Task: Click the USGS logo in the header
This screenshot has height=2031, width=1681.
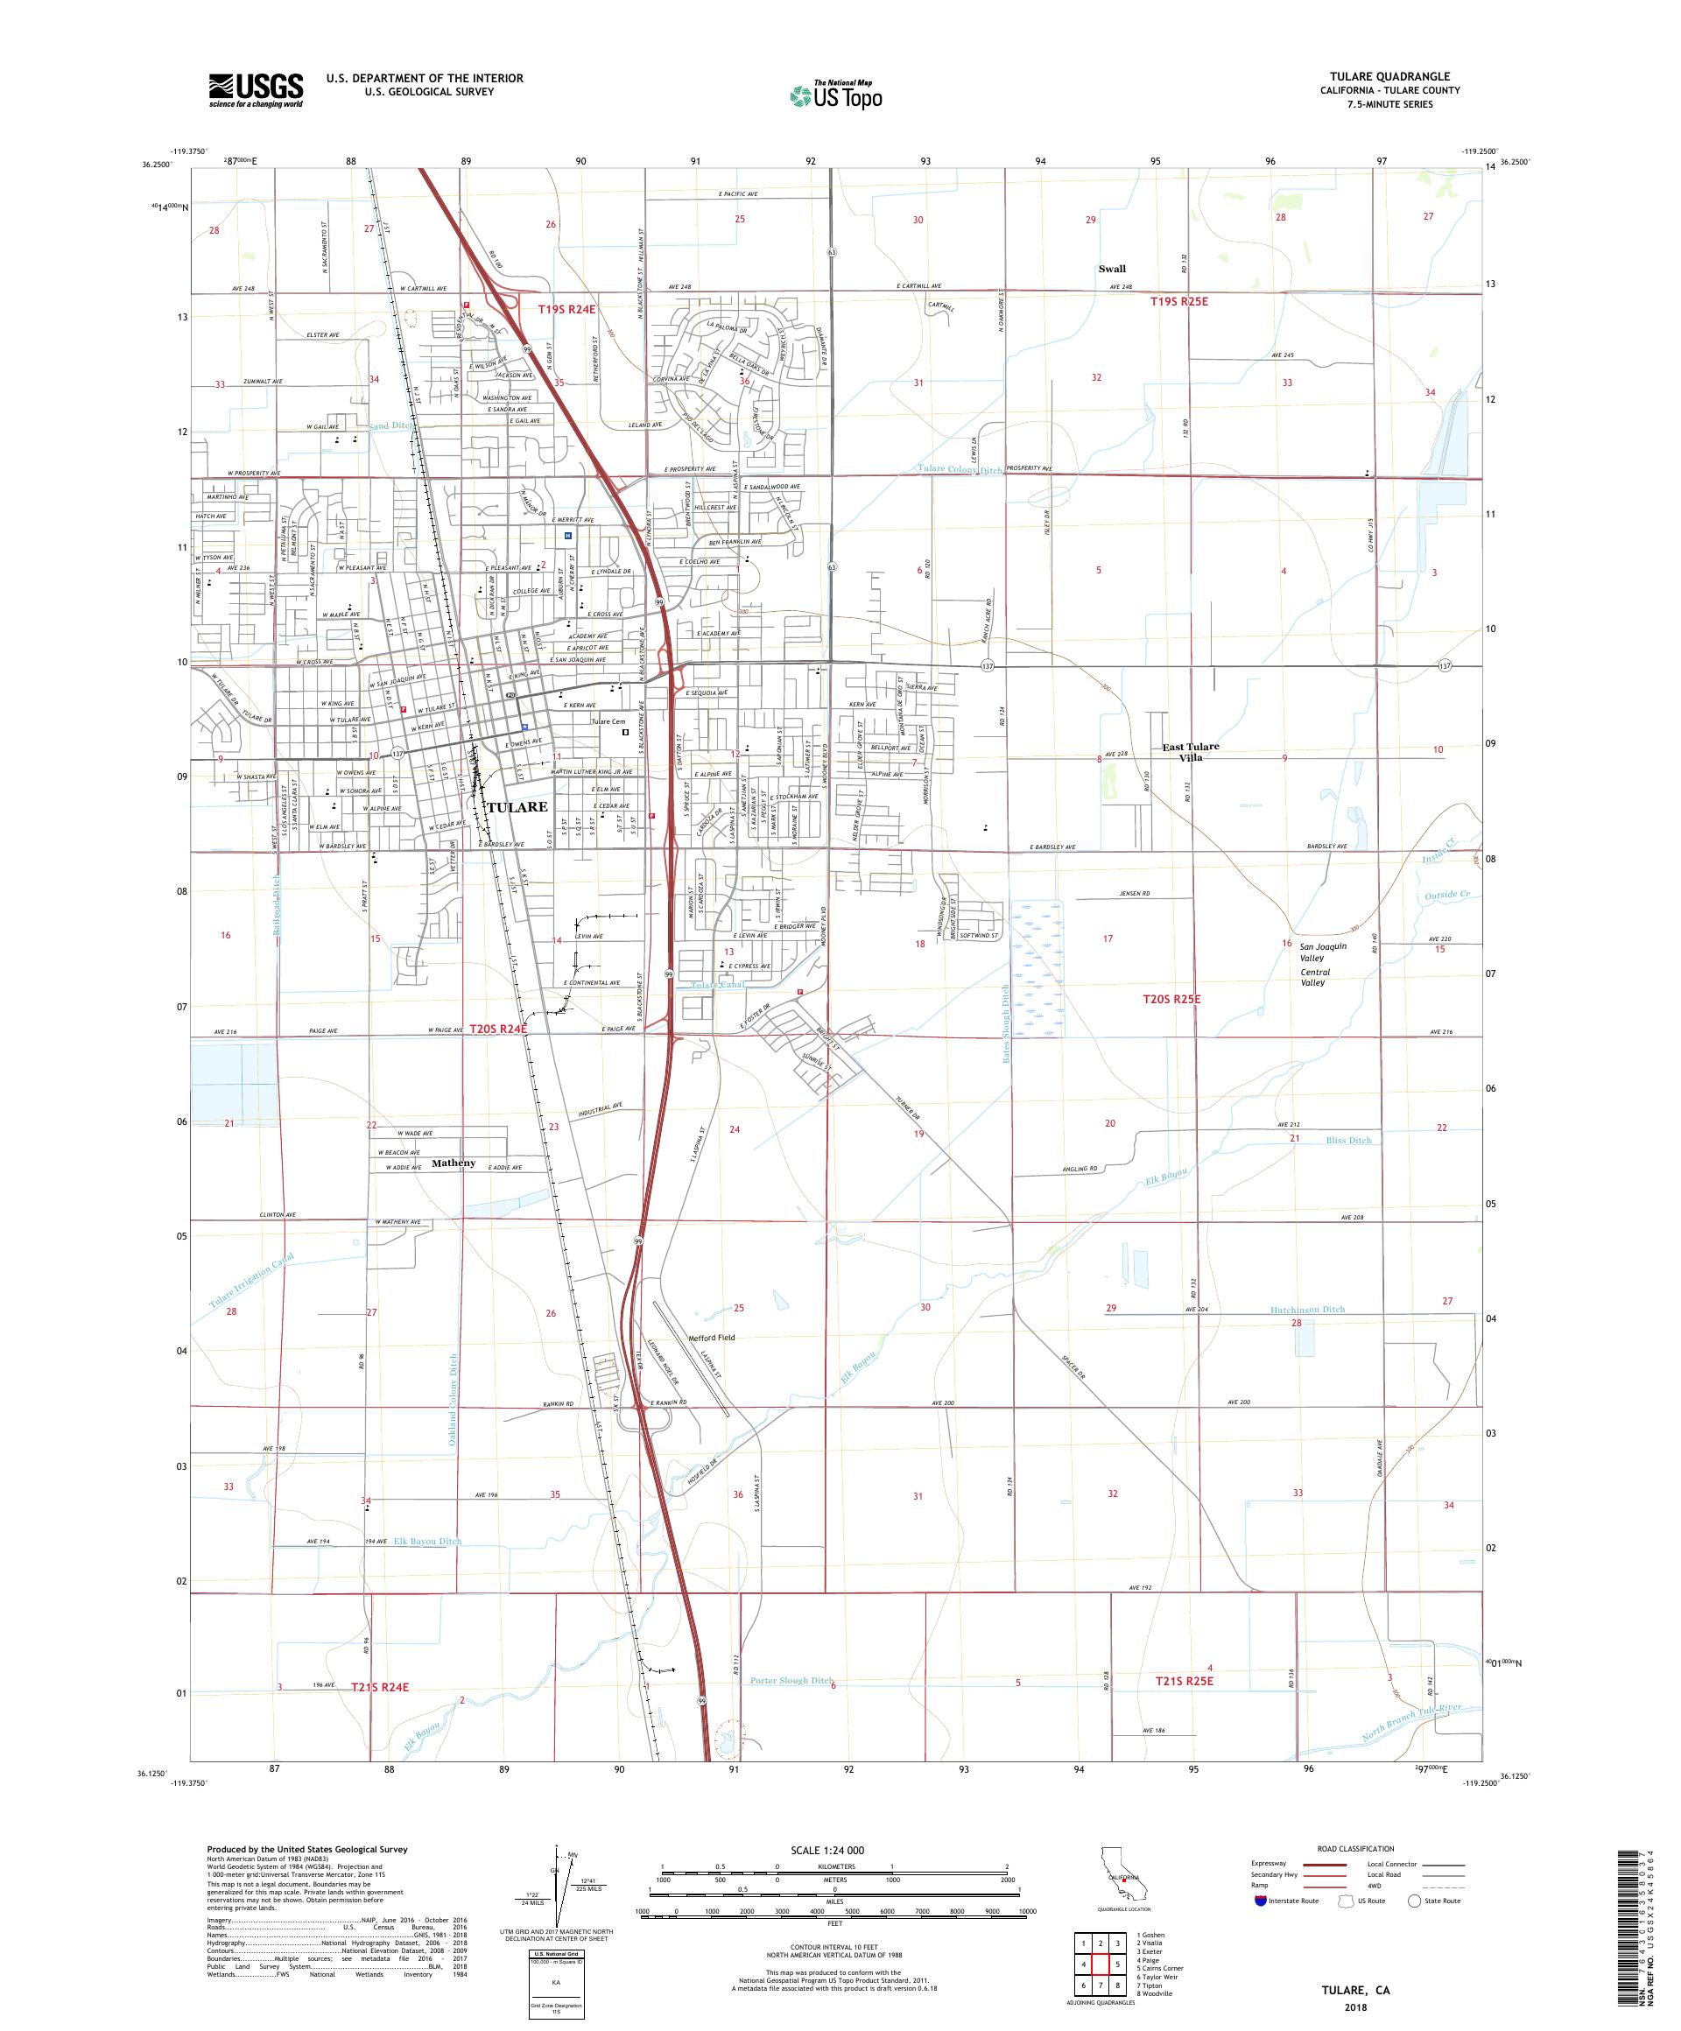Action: (x=256, y=90)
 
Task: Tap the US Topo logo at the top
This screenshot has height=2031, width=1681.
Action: (x=837, y=95)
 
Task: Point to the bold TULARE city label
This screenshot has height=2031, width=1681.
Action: (x=517, y=806)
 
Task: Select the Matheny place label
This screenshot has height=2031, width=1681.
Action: (x=454, y=1163)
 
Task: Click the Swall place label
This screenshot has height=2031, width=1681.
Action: (x=1111, y=269)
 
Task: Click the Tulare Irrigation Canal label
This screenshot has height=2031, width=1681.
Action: (x=250, y=1283)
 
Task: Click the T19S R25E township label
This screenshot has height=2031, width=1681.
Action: (x=1179, y=302)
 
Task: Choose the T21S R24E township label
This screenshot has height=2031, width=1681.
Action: (x=380, y=1687)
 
